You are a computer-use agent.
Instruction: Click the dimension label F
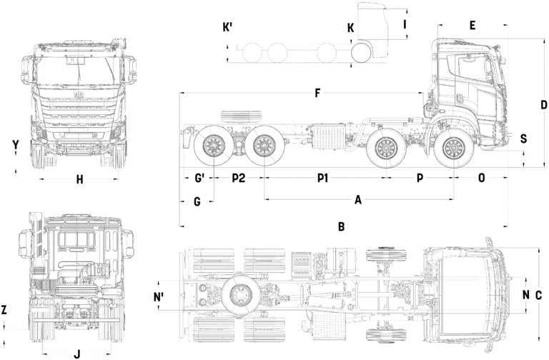point(316,93)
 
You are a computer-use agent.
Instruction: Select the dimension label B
point(342,227)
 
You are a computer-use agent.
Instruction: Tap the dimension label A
point(358,200)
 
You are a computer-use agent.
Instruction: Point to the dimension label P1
point(322,177)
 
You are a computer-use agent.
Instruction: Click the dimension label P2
point(239,177)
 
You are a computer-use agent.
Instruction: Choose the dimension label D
point(543,104)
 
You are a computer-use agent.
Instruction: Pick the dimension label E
point(473,26)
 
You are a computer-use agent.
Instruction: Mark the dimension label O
point(481,177)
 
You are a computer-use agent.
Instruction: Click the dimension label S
point(523,139)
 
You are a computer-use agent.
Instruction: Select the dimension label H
point(79,180)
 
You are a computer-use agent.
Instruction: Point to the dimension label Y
point(16,144)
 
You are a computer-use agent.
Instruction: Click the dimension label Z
point(5,310)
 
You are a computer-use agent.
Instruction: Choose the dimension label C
point(539,294)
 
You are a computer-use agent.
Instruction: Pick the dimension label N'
point(159,294)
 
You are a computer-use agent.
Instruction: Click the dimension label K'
point(228,27)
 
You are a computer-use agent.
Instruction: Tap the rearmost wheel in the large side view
point(212,147)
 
